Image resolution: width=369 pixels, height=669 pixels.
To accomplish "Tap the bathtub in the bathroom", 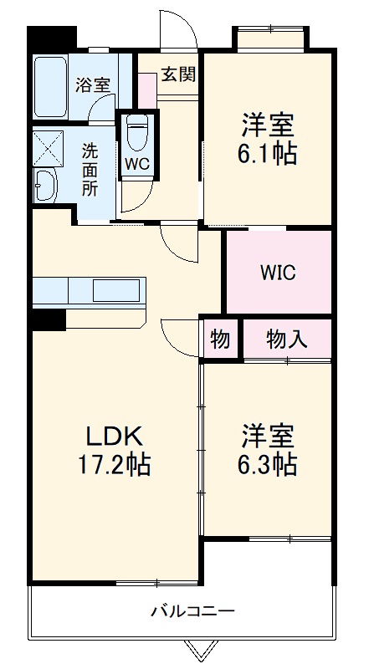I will pos(49,87).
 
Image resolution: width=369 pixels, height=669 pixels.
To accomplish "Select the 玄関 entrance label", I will pos(178,75).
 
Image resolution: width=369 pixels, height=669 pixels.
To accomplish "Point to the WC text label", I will pos(136,164).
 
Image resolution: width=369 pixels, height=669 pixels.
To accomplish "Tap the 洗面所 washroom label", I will pos(90,170).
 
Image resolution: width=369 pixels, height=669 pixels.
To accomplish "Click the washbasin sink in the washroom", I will pos(45,183).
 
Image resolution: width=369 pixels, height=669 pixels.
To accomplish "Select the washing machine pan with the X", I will pos(49,146).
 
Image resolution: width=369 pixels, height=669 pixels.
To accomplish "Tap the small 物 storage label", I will pos(221,339).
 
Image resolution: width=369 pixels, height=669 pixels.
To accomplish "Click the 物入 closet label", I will pos(287,339).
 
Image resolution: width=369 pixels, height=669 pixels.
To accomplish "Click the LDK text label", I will pos(116,436).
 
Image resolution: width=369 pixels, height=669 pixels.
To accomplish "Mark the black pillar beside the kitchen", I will pos(48,319).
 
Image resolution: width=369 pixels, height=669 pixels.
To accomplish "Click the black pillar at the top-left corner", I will pos(51,38).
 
